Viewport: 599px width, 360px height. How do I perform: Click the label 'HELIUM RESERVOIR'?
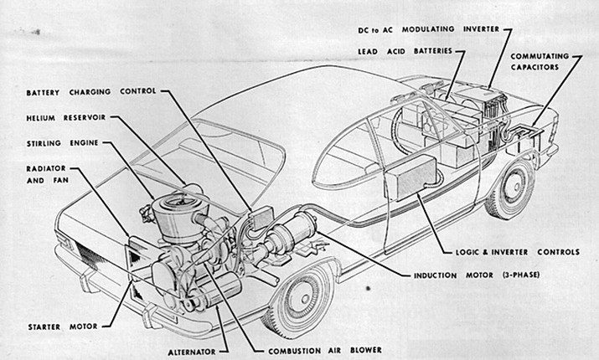tap(65, 117)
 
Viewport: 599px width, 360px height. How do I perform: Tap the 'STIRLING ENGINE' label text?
tap(62, 143)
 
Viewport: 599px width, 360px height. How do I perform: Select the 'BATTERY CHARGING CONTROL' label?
tap(91, 91)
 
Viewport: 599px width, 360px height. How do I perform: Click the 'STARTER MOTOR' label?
tap(63, 327)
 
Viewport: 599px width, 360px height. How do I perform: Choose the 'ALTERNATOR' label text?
tap(192, 352)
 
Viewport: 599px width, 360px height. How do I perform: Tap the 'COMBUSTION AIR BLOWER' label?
tap(325, 351)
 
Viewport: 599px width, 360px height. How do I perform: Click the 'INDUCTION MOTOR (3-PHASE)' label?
tap(477, 275)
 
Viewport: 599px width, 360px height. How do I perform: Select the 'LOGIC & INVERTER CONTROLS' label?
tap(518, 252)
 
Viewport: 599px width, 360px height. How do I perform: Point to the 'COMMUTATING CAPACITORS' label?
tap(540, 61)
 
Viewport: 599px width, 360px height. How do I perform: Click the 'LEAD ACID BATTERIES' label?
tap(405, 51)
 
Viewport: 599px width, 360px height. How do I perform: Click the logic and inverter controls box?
tap(411, 177)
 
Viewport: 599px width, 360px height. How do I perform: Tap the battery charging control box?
tap(261, 218)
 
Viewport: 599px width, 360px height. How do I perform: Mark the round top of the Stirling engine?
tap(179, 203)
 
